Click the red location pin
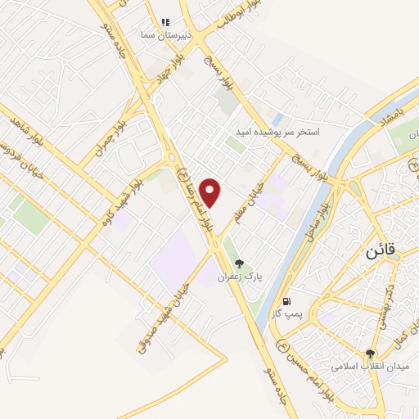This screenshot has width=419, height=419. click(212, 192)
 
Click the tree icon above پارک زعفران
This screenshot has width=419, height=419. click(238, 264)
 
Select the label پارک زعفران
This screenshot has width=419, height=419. click(238, 277)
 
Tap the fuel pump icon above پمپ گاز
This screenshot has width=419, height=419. click(286, 300)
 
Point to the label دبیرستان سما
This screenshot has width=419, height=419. click(168, 35)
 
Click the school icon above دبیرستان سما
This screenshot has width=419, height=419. click(165, 22)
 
